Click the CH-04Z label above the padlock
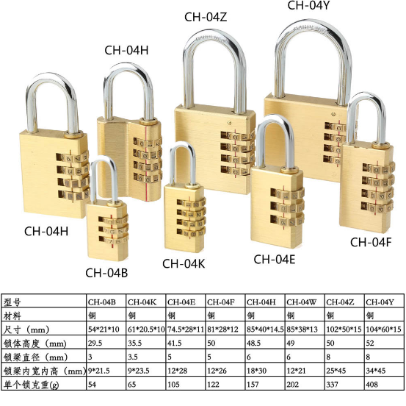(206, 17)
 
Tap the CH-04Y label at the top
(308, 5)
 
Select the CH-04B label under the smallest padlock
(106, 273)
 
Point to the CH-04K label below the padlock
(184, 263)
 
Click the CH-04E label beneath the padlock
(275, 259)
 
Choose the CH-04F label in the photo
(371, 242)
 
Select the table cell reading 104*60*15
(383, 330)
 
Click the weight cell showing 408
(371, 384)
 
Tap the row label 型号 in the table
(12, 302)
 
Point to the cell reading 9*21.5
(99, 371)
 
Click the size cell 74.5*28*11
(186, 330)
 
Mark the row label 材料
(12, 316)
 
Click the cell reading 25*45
(336, 371)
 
